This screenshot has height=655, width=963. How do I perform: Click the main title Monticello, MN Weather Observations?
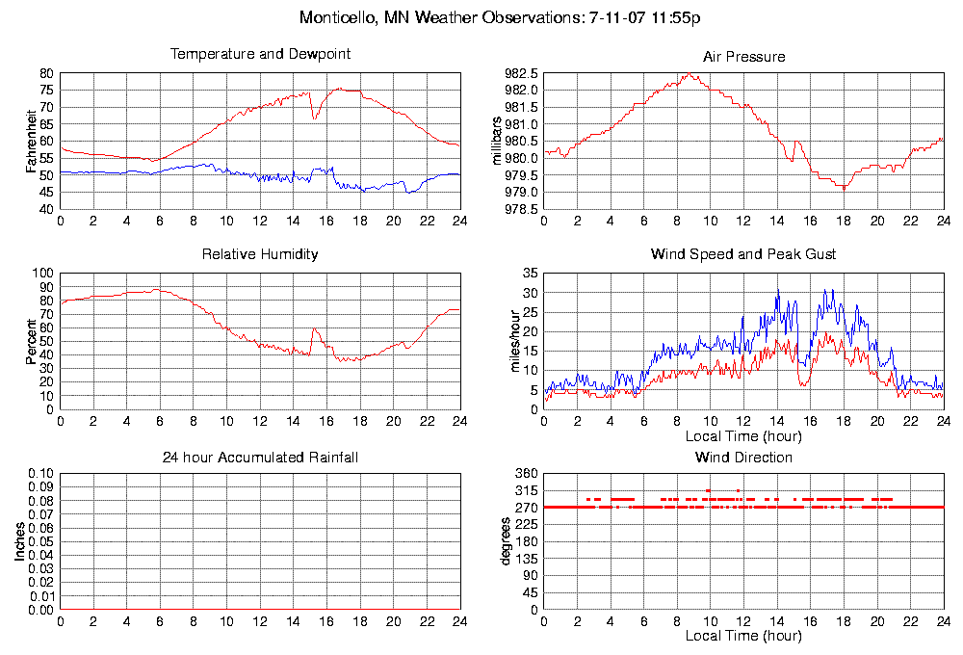click(x=501, y=17)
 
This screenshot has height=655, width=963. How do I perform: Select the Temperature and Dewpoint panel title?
click(x=260, y=54)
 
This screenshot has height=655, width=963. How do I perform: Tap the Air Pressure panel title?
click(x=743, y=57)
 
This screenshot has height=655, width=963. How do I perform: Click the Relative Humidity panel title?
click(x=260, y=254)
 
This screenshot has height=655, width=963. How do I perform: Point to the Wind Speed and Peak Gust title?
click(x=743, y=254)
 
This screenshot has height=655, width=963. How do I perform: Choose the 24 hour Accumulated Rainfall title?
click(x=260, y=457)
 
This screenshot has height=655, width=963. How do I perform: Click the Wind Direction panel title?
click(x=743, y=457)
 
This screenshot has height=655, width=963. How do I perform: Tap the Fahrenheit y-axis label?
click(x=32, y=142)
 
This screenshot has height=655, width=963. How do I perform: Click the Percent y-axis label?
click(x=32, y=341)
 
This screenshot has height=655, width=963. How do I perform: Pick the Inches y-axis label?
click(x=19, y=542)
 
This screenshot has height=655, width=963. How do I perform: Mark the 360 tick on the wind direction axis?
click(x=526, y=474)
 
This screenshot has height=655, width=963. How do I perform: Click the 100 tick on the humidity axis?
click(x=42, y=274)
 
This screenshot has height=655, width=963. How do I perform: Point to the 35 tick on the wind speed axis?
click(x=530, y=274)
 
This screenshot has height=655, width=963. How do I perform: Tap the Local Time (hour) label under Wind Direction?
click(x=743, y=636)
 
